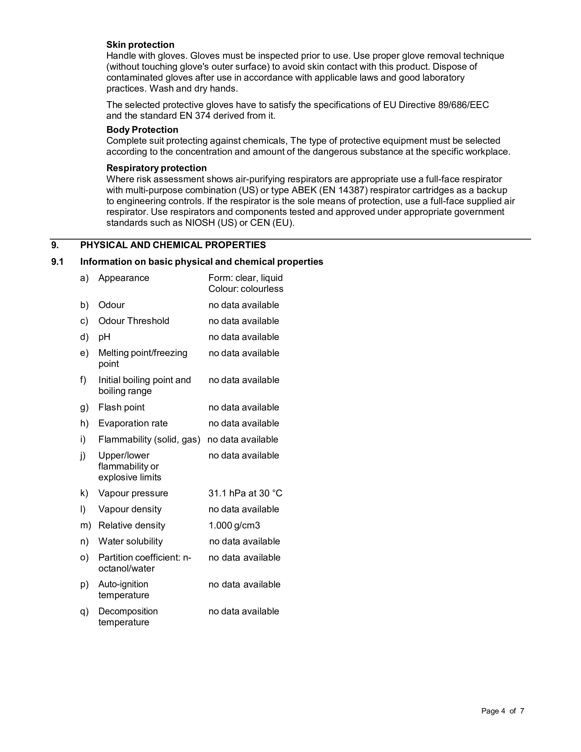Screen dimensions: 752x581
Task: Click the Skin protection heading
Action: [x=140, y=45]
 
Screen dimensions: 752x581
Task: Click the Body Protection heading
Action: [x=142, y=130]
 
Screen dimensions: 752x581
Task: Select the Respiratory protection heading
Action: [x=156, y=168]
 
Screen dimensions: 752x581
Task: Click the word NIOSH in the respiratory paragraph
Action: [x=200, y=223]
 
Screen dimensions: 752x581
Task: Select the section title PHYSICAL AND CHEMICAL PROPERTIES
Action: [x=173, y=245]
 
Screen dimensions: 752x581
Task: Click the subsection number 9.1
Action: [x=57, y=262]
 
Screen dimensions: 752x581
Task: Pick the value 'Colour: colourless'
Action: [x=246, y=289]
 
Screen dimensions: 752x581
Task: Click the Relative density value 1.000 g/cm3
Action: [x=234, y=525]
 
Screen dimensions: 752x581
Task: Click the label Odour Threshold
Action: [x=134, y=321]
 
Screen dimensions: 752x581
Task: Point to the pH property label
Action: [x=104, y=337]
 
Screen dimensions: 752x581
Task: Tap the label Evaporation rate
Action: [x=133, y=423]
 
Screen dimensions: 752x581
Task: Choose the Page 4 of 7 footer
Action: [x=502, y=711]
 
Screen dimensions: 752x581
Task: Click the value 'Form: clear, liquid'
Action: [x=245, y=278]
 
